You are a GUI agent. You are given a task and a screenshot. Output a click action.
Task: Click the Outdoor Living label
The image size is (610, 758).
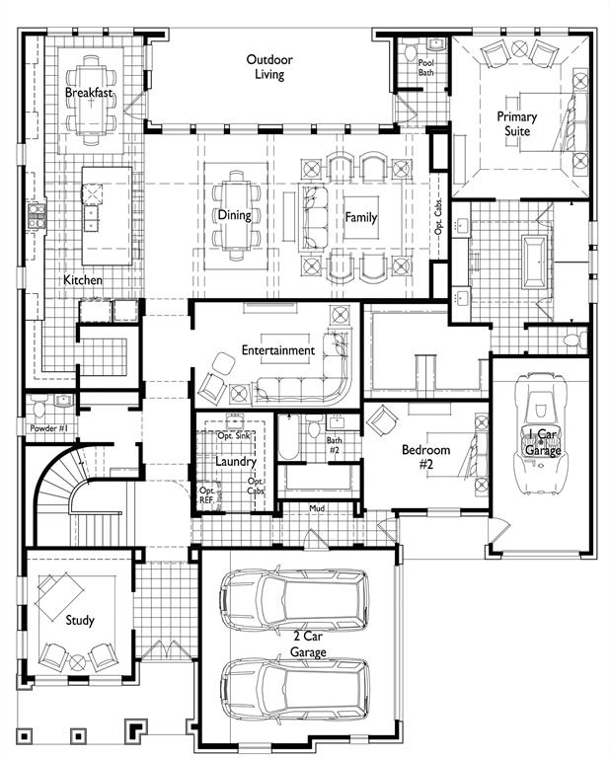[269, 67]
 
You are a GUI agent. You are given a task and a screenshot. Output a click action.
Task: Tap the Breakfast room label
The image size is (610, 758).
[89, 93]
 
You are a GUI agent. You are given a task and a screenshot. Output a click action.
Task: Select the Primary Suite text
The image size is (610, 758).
[517, 123]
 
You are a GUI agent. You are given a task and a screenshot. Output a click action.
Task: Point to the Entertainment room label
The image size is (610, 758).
[278, 350]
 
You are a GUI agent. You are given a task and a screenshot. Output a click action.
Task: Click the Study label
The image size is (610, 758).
[80, 620]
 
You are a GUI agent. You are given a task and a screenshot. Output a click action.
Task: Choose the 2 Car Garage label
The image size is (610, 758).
[308, 644]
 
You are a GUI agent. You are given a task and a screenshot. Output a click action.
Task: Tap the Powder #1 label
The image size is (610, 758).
[49, 428]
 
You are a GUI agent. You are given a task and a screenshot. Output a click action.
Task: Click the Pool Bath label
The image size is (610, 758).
[425, 68]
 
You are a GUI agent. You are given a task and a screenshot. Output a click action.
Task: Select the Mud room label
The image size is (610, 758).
[317, 508]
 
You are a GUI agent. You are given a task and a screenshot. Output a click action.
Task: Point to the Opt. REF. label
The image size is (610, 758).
[206, 495]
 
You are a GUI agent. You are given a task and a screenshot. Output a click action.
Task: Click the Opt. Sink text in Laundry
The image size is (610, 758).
[234, 435]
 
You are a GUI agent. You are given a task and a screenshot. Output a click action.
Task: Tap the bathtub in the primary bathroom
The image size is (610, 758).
[536, 262]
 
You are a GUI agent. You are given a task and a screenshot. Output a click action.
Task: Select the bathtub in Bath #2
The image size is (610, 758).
[288, 437]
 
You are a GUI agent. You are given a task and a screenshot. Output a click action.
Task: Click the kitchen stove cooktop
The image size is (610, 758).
[37, 216]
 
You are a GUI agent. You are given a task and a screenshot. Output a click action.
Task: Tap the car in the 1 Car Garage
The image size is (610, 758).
[540, 433]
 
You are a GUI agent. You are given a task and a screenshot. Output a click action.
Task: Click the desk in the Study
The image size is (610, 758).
[60, 596]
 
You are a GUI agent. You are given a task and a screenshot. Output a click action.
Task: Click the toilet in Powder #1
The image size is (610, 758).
[39, 408]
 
